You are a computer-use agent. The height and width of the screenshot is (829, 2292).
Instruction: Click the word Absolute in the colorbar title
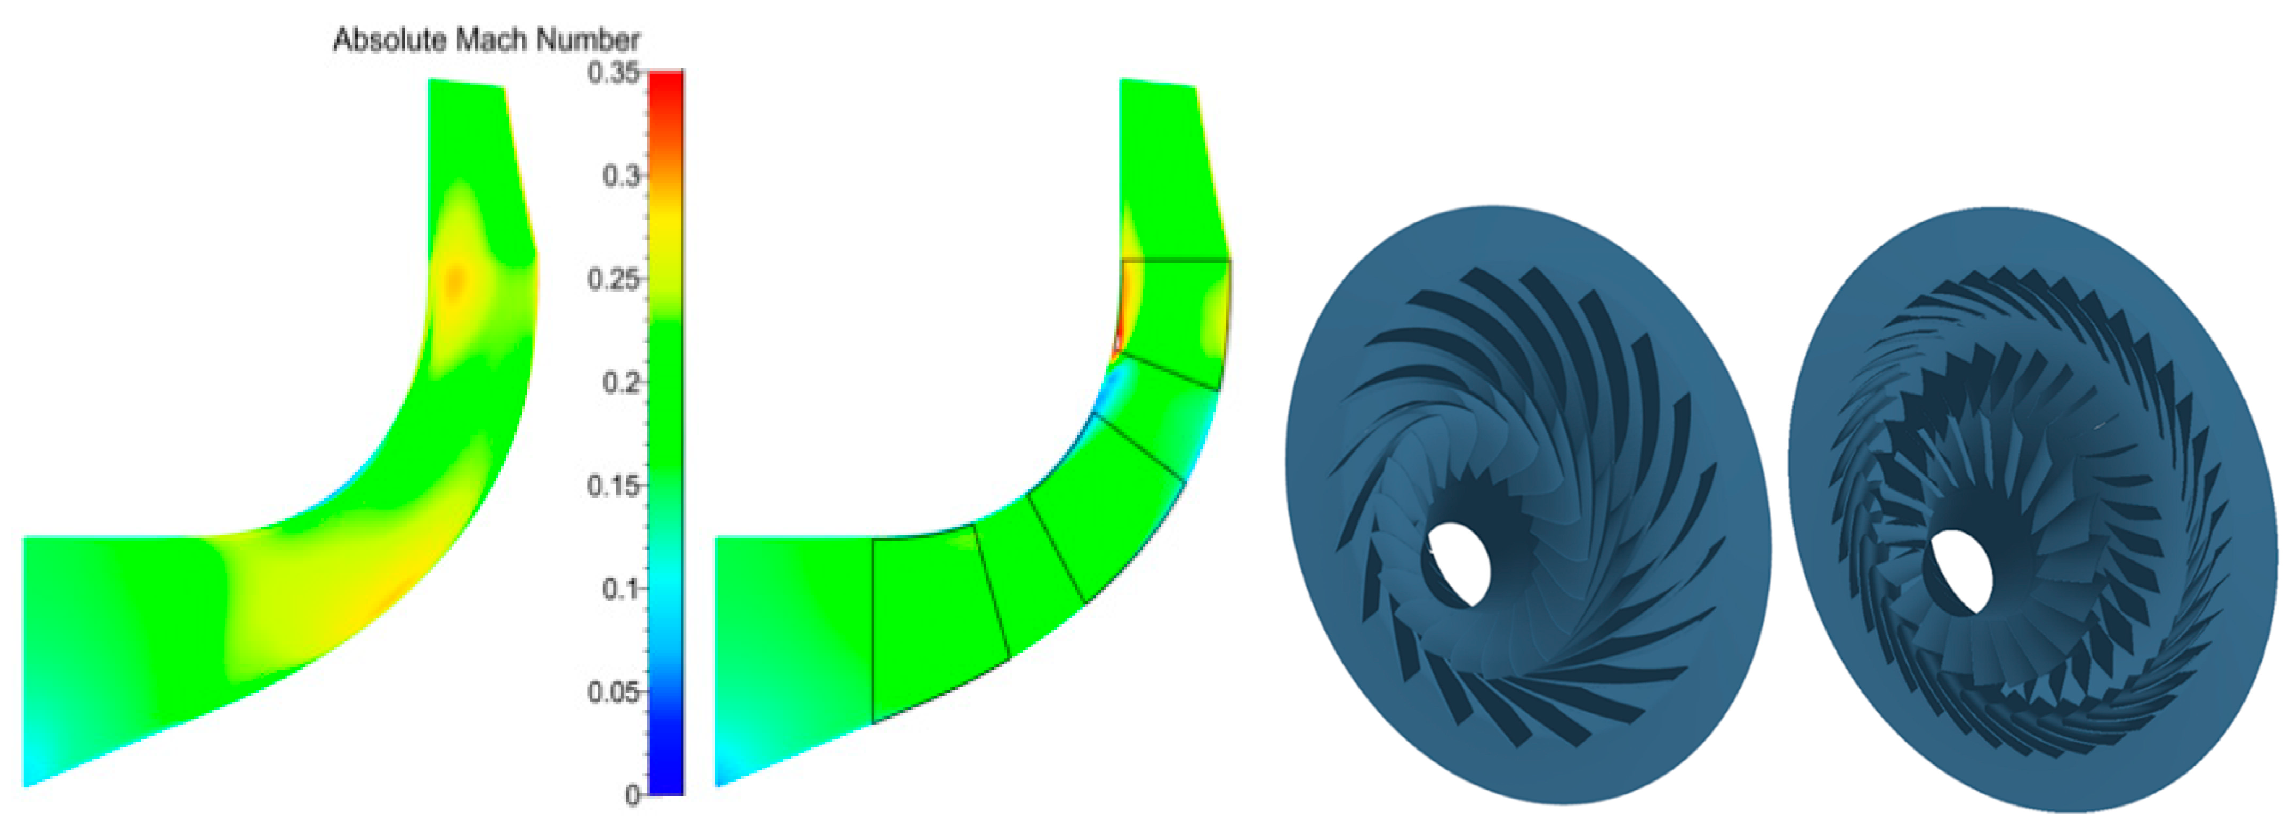(x=390, y=40)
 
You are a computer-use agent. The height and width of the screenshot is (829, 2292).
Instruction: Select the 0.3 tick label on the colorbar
(x=620, y=176)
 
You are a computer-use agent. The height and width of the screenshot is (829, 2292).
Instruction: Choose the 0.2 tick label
(x=620, y=382)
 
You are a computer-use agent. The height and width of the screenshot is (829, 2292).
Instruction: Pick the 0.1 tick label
(x=620, y=589)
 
